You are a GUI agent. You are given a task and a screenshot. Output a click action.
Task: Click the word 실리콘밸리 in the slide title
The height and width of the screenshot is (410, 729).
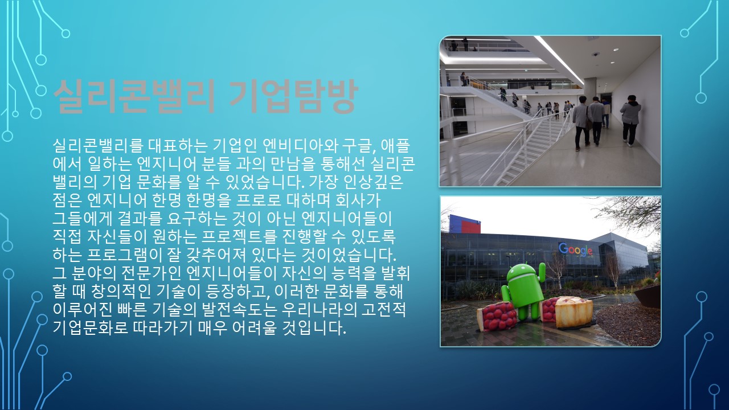click(134, 96)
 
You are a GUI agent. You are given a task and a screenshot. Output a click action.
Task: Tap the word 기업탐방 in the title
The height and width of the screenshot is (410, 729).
click(293, 96)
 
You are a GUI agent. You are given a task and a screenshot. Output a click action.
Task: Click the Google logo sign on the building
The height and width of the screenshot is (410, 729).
click(575, 249)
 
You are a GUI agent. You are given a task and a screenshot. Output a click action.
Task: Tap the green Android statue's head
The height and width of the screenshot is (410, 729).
click(522, 273)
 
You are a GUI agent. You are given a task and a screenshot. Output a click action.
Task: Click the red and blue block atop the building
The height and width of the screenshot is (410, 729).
click(465, 224)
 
